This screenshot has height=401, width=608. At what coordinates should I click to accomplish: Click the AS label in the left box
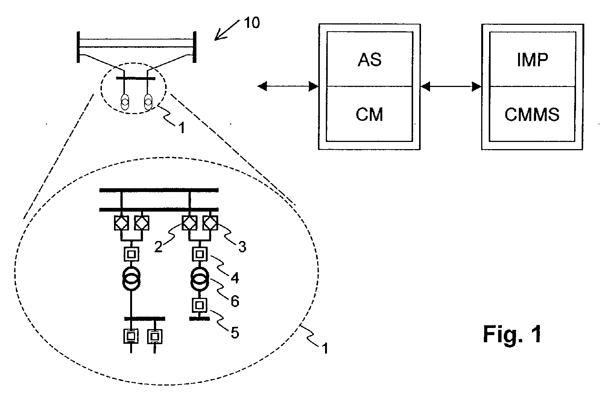[x=369, y=60]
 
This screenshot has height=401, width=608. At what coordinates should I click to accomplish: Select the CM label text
[x=369, y=114]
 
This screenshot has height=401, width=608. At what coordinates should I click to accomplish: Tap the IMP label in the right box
[x=532, y=60]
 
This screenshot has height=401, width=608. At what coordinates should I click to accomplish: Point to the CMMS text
[x=532, y=114]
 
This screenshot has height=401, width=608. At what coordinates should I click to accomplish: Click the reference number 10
[x=252, y=23]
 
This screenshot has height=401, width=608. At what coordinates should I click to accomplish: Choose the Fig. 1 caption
[x=512, y=334]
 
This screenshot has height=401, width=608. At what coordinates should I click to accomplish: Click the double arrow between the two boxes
[x=451, y=87]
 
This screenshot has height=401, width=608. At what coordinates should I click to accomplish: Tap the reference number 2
[x=158, y=246]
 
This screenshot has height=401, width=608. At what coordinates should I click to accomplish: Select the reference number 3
[x=242, y=247]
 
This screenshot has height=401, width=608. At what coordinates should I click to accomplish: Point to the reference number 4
[x=235, y=278]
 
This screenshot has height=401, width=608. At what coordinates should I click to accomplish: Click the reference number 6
[x=235, y=301]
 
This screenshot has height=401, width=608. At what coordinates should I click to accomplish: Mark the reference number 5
[x=235, y=332]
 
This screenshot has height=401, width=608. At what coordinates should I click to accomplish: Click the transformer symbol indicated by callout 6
[x=200, y=279]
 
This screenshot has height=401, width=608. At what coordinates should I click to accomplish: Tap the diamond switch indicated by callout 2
[x=190, y=223]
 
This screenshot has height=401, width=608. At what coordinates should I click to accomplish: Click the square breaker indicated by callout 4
[x=200, y=254]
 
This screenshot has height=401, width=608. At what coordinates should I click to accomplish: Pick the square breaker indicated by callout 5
[x=200, y=305]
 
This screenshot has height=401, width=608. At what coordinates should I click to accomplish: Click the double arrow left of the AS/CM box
[x=288, y=87]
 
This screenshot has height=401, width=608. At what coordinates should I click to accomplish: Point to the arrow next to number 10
[x=227, y=30]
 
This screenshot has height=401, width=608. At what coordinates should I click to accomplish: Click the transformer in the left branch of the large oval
[x=131, y=279]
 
